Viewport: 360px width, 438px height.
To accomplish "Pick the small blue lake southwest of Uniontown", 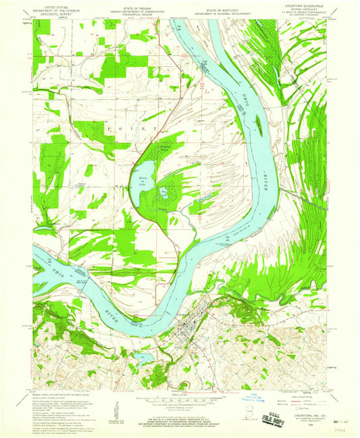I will (143, 356).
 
